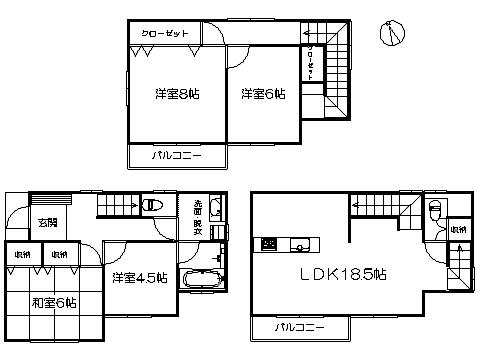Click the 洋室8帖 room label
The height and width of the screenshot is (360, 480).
click(x=176, y=94)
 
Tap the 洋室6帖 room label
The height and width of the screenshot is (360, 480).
click(x=263, y=94)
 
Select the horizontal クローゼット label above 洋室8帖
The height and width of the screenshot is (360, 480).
click(x=165, y=34)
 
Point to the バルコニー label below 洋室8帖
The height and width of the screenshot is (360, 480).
click(x=176, y=157)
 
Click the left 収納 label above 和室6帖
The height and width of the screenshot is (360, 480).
click(x=20, y=255)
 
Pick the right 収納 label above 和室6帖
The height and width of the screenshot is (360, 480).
click(x=59, y=255)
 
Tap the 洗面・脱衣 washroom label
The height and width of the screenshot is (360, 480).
click(x=198, y=220)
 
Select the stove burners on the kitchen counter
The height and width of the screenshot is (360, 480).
click(x=269, y=244)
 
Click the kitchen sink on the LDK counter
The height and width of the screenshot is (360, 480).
click(x=298, y=244)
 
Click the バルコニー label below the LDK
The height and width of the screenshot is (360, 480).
click(x=298, y=327)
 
